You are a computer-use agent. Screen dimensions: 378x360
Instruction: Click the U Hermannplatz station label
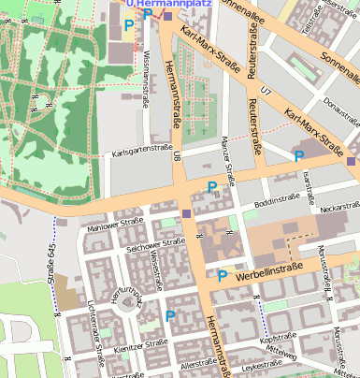click(x=168, y=4)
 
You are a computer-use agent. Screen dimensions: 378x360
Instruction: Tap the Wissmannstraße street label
click(x=146, y=80)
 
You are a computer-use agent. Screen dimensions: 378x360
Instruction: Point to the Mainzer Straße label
click(x=226, y=150)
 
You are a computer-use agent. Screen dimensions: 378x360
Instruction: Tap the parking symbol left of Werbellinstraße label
click(x=222, y=276)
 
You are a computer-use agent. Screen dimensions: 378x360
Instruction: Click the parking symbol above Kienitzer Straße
click(x=169, y=316)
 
